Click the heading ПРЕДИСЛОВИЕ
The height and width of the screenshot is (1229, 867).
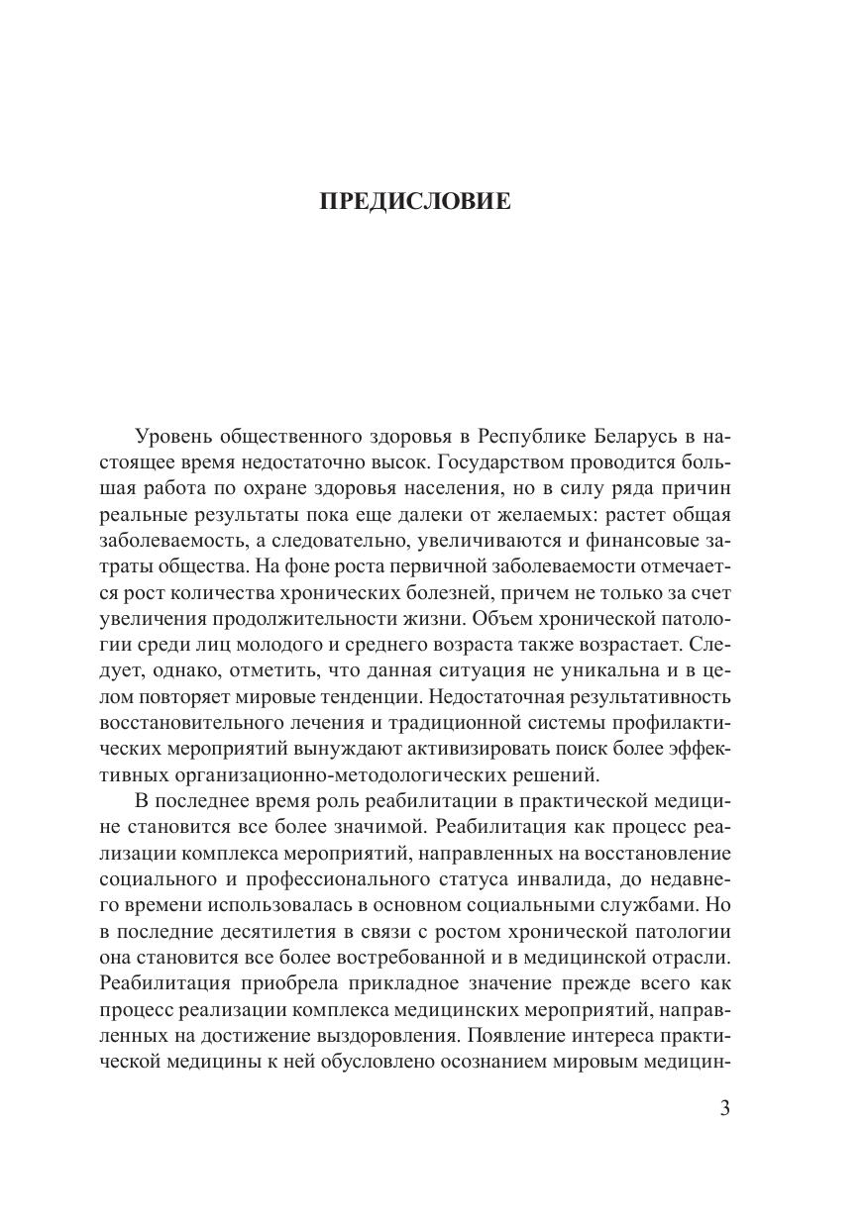(x=415, y=203)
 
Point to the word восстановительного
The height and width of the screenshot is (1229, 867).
(x=187, y=720)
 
